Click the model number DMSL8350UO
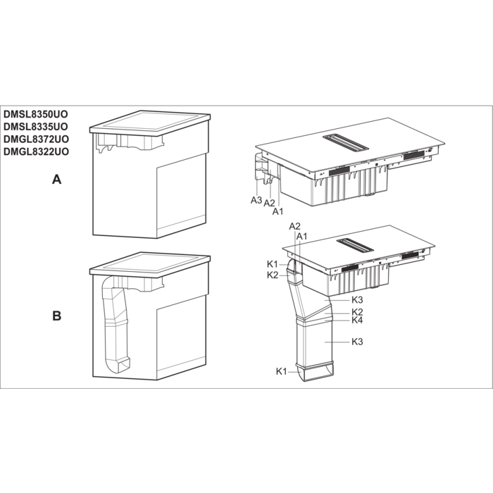click(x=35, y=114)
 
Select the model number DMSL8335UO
click(x=35, y=126)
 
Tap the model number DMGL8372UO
click(x=36, y=139)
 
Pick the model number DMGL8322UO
click(x=36, y=151)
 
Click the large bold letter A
click(x=56, y=180)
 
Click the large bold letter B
click(x=56, y=316)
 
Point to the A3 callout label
click(x=256, y=199)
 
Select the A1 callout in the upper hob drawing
click(x=277, y=211)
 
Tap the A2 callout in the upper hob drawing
click(x=269, y=203)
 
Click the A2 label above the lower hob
click(x=294, y=226)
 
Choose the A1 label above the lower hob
click(x=302, y=236)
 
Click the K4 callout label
click(x=357, y=320)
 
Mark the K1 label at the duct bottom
click(x=282, y=371)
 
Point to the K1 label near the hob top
click(x=273, y=264)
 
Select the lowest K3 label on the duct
click(x=357, y=342)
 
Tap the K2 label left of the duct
click(x=273, y=275)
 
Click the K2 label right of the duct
click(x=357, y=312)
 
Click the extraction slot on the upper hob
click(x=346, y=142)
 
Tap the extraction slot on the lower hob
click(x=355, y=246)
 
